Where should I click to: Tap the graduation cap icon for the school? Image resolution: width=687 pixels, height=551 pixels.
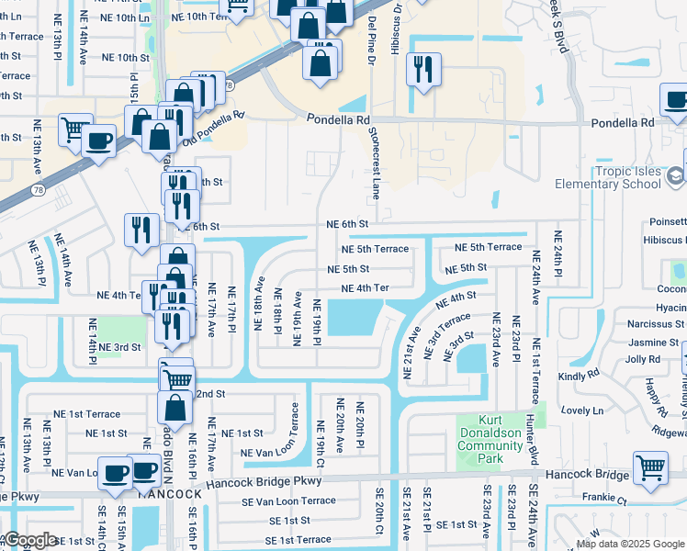(x=676, y=174)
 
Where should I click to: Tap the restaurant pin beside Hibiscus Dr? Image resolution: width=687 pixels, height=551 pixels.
(x=423, y=69)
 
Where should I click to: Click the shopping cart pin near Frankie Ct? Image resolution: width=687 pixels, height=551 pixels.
(x=650, y=467)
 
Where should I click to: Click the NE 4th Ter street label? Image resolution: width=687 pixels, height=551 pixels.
(x=366, y=288)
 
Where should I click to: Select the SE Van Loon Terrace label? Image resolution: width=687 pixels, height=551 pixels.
(x=289, y=501)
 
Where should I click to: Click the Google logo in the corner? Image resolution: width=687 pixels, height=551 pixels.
(x=30, y=540)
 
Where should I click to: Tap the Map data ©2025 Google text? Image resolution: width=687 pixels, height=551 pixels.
(x=630, y=544)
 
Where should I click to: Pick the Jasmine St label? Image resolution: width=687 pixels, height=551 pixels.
(x=654, y=342)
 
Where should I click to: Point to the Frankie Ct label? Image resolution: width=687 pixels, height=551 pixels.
(x=607, y=501)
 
